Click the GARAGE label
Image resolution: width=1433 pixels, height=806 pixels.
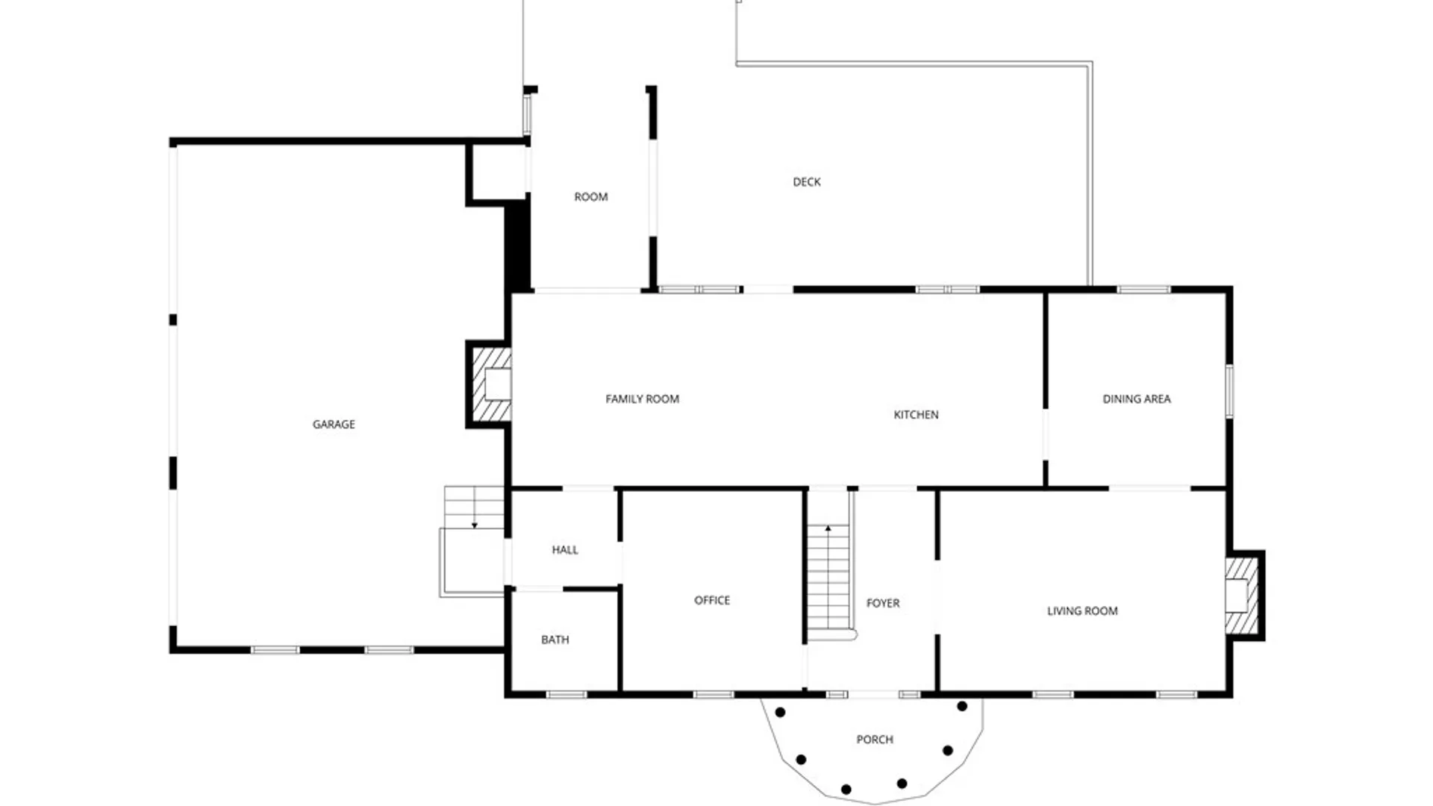pos(334,425)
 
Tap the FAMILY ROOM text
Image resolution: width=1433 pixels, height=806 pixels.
pos(643,399)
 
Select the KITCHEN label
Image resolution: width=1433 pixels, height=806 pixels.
pos(917,415)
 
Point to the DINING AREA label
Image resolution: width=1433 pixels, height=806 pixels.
pos(1137,399)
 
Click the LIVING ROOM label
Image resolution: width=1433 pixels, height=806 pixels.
pos(1082,611)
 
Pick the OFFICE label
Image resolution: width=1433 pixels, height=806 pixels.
pos(712,600)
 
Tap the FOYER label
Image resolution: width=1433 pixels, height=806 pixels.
pos(883,603)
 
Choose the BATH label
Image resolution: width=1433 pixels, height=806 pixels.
pos(555,640)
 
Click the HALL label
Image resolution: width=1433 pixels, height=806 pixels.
pos(565,550)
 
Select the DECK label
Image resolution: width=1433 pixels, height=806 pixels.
pos(807,182)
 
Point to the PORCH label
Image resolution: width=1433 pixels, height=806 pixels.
pos(875,740)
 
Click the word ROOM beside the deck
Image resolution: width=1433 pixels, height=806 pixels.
pos(591,197)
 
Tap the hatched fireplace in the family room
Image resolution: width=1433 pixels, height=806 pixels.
pos(490,385)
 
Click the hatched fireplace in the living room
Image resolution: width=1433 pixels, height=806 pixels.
pos(1243,596)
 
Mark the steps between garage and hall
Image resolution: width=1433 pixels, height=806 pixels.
pos(474,507)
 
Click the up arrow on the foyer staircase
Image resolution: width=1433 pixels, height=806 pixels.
pos(828,531)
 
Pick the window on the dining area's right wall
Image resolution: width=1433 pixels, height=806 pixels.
pos(1229,390)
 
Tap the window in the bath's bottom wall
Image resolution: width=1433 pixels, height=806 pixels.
pos(566,695)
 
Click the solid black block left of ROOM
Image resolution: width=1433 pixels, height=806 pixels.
pos(517,246)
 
